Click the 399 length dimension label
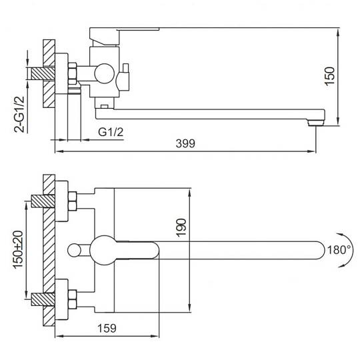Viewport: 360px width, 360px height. click(185, 143)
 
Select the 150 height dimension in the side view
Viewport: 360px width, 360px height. click(330, 77)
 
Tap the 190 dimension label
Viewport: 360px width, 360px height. click(181, 227)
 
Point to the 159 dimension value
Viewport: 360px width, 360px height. click(107, 328)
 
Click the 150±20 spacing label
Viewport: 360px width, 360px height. click(19, 249)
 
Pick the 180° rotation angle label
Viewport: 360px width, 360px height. click(339, 250)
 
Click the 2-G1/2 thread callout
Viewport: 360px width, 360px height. click(19, 114)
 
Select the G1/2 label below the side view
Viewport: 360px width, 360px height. click(111, 132)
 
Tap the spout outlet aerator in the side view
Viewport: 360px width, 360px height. click(316, 124)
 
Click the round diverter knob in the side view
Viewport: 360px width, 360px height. click(105, 74)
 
